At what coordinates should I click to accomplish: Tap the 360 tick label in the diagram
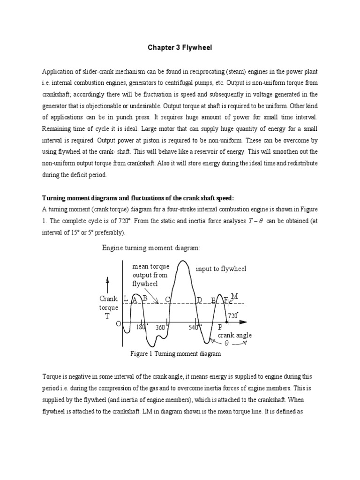(x=160, y=328)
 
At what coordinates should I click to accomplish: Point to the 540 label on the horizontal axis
(x=194, y=328)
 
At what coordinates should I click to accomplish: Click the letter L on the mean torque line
(x=126, y=299)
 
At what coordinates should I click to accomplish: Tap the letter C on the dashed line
(x=167, y=300)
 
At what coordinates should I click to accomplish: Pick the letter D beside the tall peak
(x=199, y=300)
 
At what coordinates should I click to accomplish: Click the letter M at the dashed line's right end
(x=235, y=296)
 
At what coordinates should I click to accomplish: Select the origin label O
(x=119, y=324)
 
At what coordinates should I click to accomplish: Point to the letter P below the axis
(x=220, y=328)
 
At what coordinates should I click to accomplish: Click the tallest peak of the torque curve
(x=186, y=262)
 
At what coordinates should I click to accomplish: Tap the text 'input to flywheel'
(x=221, y=269)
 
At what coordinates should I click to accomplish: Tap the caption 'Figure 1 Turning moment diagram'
(x=175, y=354)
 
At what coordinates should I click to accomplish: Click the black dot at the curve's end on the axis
(x=227, y=322)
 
